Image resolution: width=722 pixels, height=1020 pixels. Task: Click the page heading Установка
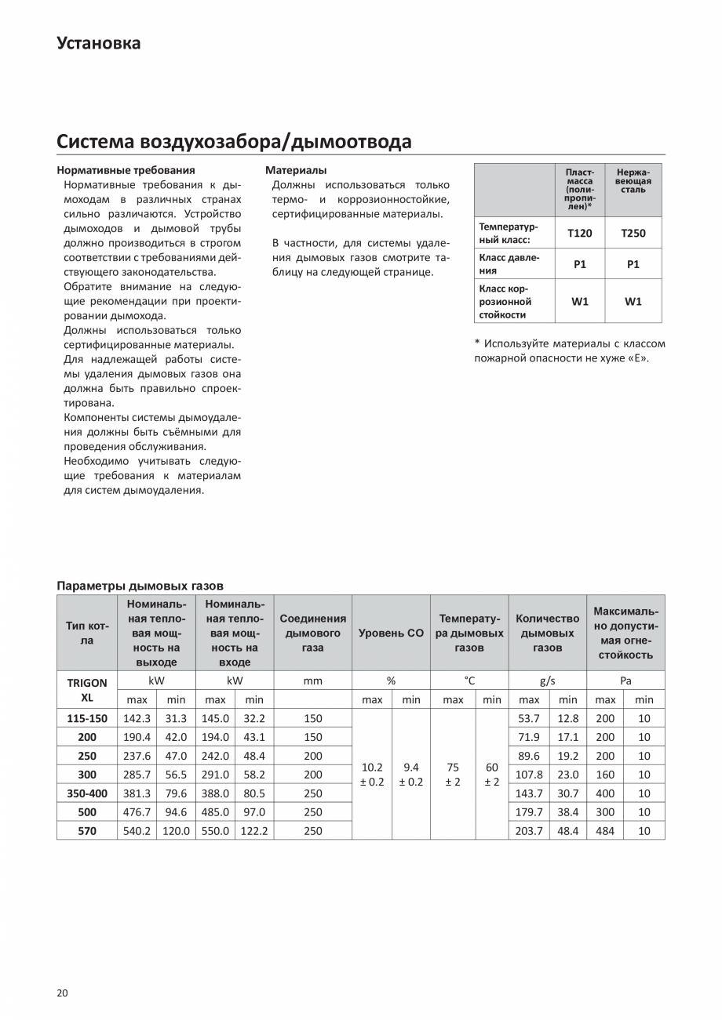pos(99,43)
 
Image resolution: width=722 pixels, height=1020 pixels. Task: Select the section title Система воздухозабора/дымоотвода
pos(234,141)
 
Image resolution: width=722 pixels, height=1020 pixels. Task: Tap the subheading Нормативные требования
pos(126,169)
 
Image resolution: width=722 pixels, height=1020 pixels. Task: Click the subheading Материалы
pos(296,169)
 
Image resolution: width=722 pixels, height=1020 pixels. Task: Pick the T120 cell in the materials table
pos(579,233)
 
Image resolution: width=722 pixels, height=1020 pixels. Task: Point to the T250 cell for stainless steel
pos(633,233)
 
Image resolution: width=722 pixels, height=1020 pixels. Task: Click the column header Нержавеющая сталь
pos(633,181)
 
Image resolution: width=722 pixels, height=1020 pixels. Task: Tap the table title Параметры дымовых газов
pos(140,586)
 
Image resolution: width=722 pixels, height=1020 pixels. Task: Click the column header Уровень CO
pos(391,633)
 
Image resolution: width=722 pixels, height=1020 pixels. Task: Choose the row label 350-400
pos(87,793)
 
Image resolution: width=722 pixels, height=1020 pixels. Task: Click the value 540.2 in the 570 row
pos(137,830)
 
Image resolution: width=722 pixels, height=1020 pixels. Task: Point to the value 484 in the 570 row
pos(605,830)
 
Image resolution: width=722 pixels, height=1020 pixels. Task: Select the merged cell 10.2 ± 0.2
pos(372,775)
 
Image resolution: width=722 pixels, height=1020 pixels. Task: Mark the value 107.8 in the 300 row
pos(529,774)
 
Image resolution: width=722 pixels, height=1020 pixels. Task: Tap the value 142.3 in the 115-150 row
pos(137,717)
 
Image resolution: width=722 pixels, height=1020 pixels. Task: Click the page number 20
pos(63,993)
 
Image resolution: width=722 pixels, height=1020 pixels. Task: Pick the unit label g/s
pos(548,681)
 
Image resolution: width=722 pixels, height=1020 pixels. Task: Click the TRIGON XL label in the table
pos(87,690)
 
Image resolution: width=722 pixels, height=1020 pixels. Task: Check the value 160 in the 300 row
pos(605,774)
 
